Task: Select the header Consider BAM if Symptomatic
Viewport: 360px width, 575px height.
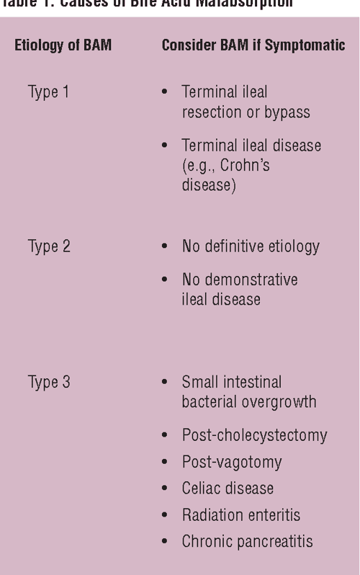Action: coord(253,45)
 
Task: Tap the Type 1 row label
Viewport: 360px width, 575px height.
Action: coord(49,92)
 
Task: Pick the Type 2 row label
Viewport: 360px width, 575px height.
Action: coord(49,246)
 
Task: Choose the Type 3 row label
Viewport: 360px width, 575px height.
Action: coord(49,382)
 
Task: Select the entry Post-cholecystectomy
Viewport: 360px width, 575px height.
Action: coord(254,435)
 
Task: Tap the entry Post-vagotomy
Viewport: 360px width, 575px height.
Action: coord(232,462)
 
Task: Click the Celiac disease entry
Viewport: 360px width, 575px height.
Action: coord(228,488)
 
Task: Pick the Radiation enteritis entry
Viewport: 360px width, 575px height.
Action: coord(241,514)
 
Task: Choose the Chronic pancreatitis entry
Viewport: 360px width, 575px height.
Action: coord(247,541)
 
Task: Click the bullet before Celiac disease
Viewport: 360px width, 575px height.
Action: coord(166,489)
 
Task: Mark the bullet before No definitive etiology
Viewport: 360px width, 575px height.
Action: coord(166,247)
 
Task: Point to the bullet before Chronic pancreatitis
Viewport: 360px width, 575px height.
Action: coord(166,542)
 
